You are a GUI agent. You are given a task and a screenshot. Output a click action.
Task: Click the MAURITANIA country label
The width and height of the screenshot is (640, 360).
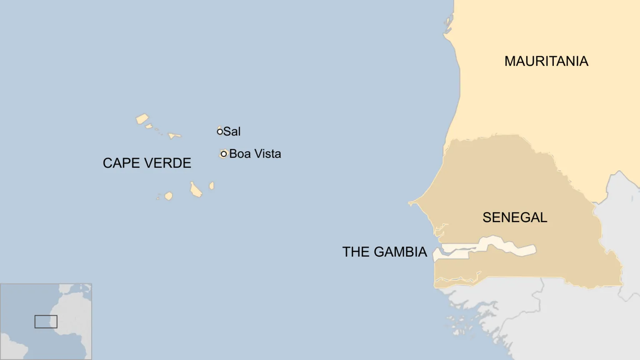click(546, 61)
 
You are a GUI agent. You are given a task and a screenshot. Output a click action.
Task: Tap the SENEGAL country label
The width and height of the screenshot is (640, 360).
click(515, 217)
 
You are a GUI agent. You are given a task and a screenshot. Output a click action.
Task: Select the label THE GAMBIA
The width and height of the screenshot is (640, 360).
click(384, 252)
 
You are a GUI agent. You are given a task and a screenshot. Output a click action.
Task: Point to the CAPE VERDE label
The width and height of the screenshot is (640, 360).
click(147, 163)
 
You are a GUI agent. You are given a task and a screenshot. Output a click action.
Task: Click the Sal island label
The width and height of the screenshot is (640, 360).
click(232, 132)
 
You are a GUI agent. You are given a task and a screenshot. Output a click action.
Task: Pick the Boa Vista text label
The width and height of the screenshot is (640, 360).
click(255, 154)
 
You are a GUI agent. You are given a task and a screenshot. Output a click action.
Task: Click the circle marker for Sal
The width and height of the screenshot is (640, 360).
click(220, 132)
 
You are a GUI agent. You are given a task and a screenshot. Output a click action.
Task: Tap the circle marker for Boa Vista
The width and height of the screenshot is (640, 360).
click(224, 154)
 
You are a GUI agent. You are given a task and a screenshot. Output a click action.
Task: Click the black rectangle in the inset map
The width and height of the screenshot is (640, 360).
click(46, 322)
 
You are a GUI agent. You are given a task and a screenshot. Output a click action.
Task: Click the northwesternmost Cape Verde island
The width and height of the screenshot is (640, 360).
click(142, 119)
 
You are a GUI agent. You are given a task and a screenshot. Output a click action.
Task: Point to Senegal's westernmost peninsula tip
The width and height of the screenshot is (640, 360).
click(410, 203)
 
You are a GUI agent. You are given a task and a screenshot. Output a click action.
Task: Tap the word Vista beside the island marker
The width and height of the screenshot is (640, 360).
click(267, 154)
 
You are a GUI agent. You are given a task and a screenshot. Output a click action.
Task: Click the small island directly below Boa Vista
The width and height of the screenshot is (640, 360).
click(212, 186)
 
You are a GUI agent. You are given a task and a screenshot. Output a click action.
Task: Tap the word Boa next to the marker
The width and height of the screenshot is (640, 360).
click(240, 154)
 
